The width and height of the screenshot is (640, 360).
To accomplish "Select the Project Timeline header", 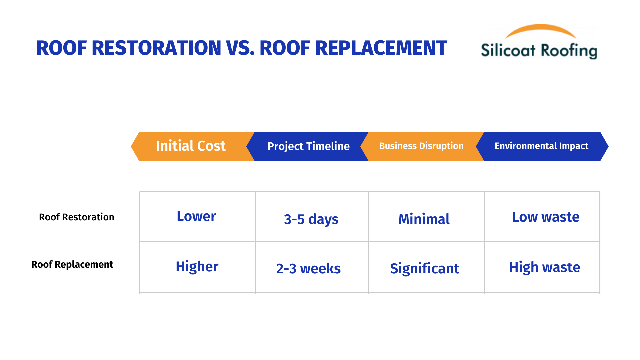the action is coord(308,146).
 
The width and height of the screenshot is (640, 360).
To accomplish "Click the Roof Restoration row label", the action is coord(76,217).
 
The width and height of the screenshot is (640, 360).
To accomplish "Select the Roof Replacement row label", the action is coord(72,264).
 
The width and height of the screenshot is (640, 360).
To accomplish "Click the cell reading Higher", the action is coord(197,267).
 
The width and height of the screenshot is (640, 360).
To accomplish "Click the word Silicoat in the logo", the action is coord(508,50).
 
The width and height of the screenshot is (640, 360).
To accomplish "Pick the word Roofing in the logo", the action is coord(569,51).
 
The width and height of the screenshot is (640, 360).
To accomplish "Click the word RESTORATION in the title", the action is coord(156,48).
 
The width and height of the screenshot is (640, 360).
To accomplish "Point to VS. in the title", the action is coord(240,48).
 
